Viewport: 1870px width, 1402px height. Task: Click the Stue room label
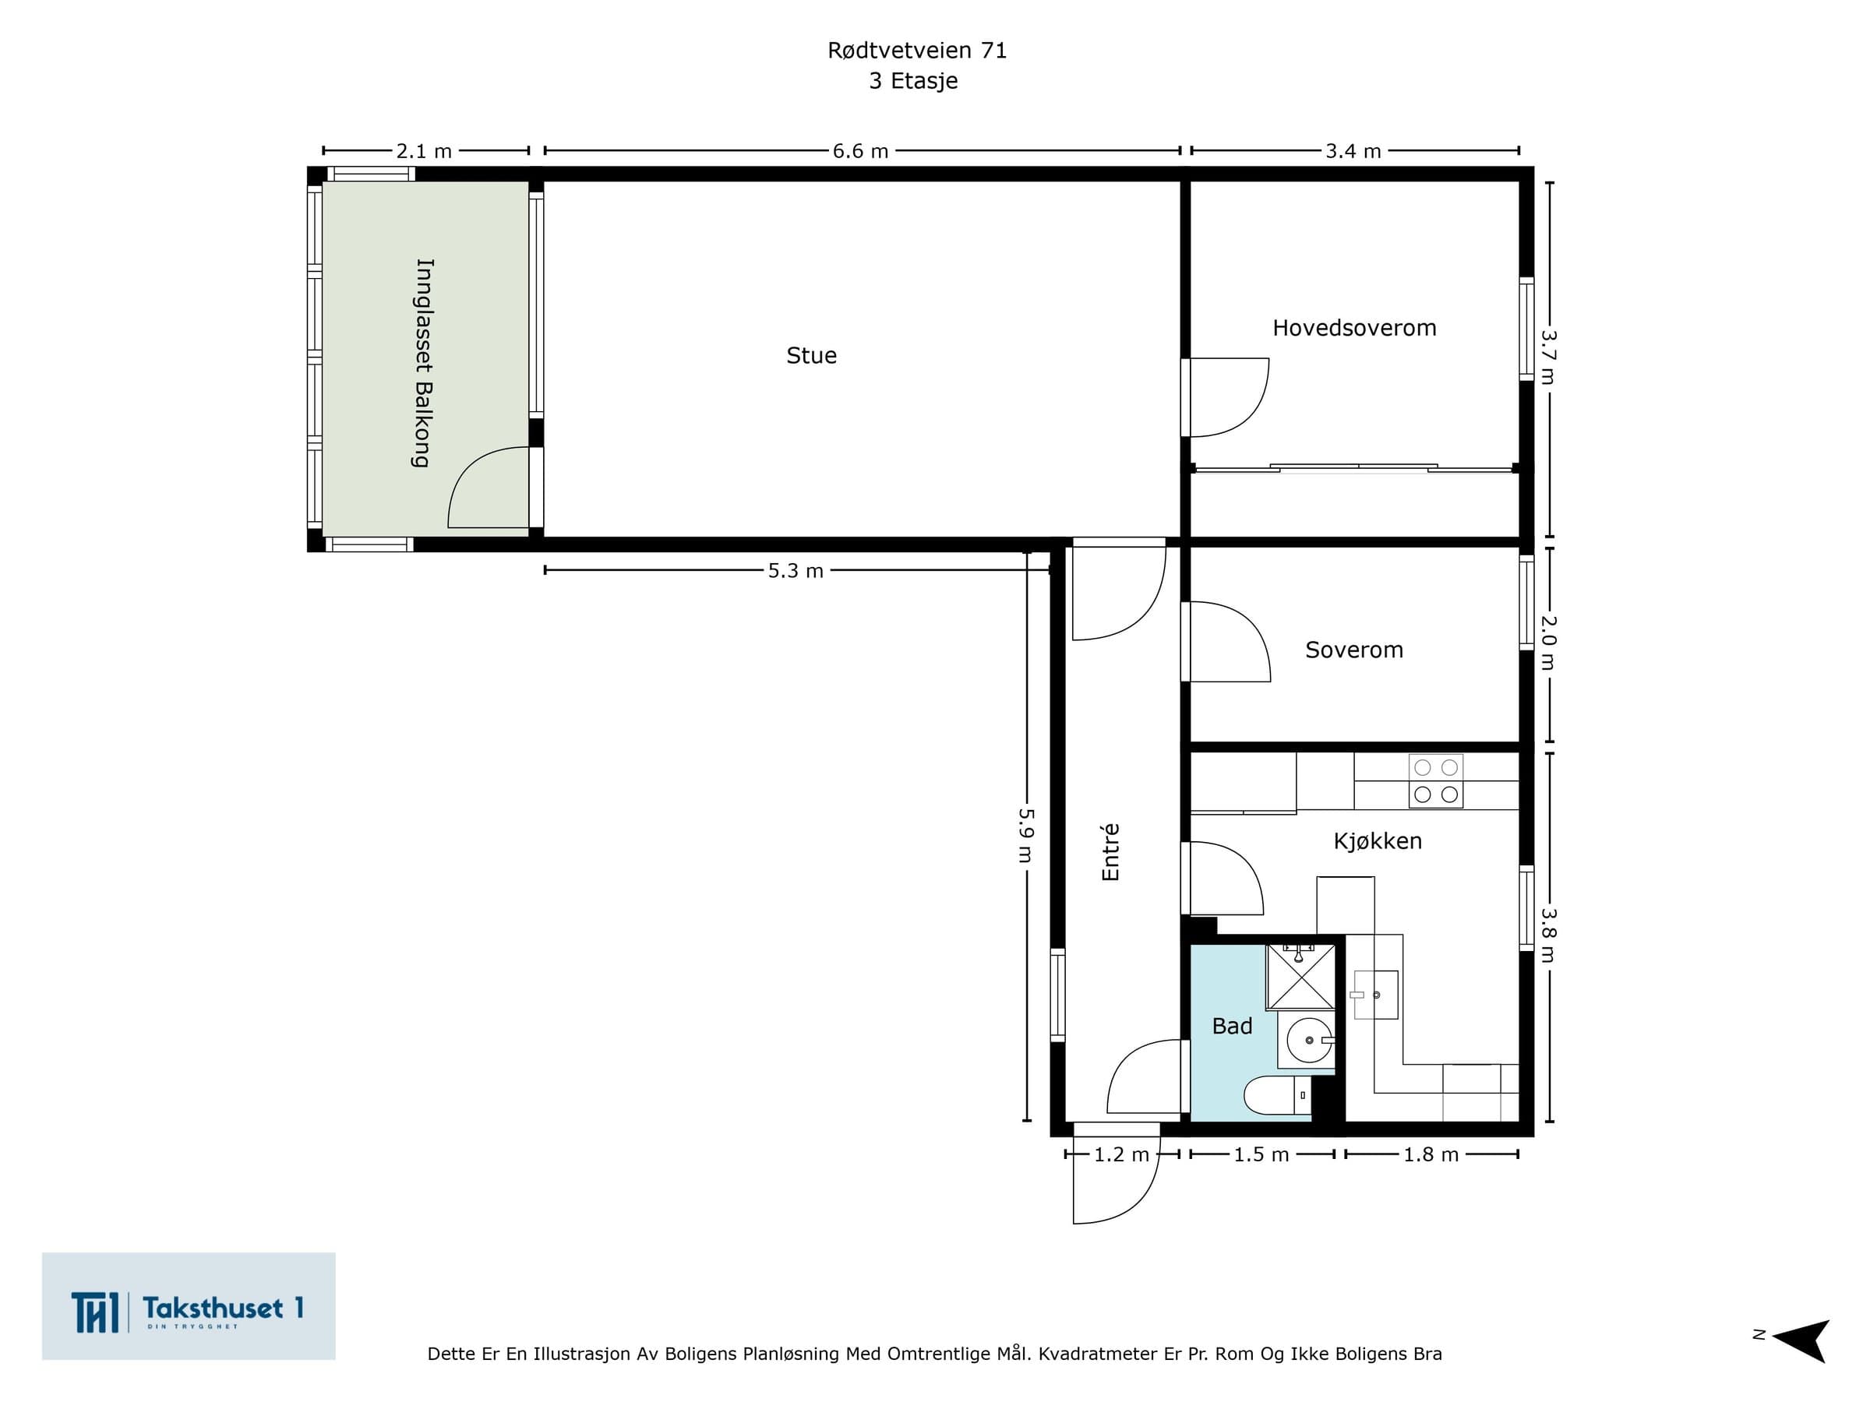[x=812, y=356]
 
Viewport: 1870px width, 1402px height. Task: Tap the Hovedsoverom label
[x=1354, y=328]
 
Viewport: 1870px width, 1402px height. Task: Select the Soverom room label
[x=1353, y=650]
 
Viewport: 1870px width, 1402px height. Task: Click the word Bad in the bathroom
[x=1232, y=1026]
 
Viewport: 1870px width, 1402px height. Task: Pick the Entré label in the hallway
[x=1110, y=852]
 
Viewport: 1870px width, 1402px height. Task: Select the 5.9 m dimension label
[x=1026, y=835]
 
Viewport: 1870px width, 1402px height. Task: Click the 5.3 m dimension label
[x=795, y=571]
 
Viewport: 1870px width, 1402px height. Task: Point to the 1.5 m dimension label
[x=1261, y=1154]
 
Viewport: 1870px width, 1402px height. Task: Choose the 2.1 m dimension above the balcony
[x=424, y=151]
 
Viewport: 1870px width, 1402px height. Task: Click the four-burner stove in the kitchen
[x=1435, y=781]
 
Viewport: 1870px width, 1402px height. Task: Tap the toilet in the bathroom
[x=1277, y=1095]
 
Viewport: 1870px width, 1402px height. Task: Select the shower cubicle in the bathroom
[x=1300, y=977]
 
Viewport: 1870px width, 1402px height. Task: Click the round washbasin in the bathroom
[x=1310, y=1041]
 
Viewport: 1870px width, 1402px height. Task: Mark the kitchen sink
[x=1375, y=995]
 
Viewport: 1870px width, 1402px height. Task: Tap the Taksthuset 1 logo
[x=189, y=1306]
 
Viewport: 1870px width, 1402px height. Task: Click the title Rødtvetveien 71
[x=917, y=51]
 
